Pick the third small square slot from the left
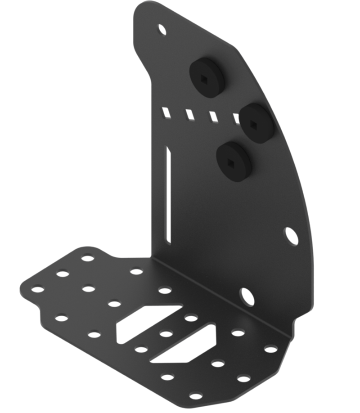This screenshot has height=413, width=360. pyautogui.click(x=212, y=117)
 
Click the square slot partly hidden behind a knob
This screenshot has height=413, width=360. pyautogui.click(x=235, y=119)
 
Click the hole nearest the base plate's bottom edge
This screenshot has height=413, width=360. pyautogui.click(x=195, y=396)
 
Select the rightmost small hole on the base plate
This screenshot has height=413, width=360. pyautogui.click(x=270, y=349)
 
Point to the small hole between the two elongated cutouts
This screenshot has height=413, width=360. pyautogui.click(x=166, y=333)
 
